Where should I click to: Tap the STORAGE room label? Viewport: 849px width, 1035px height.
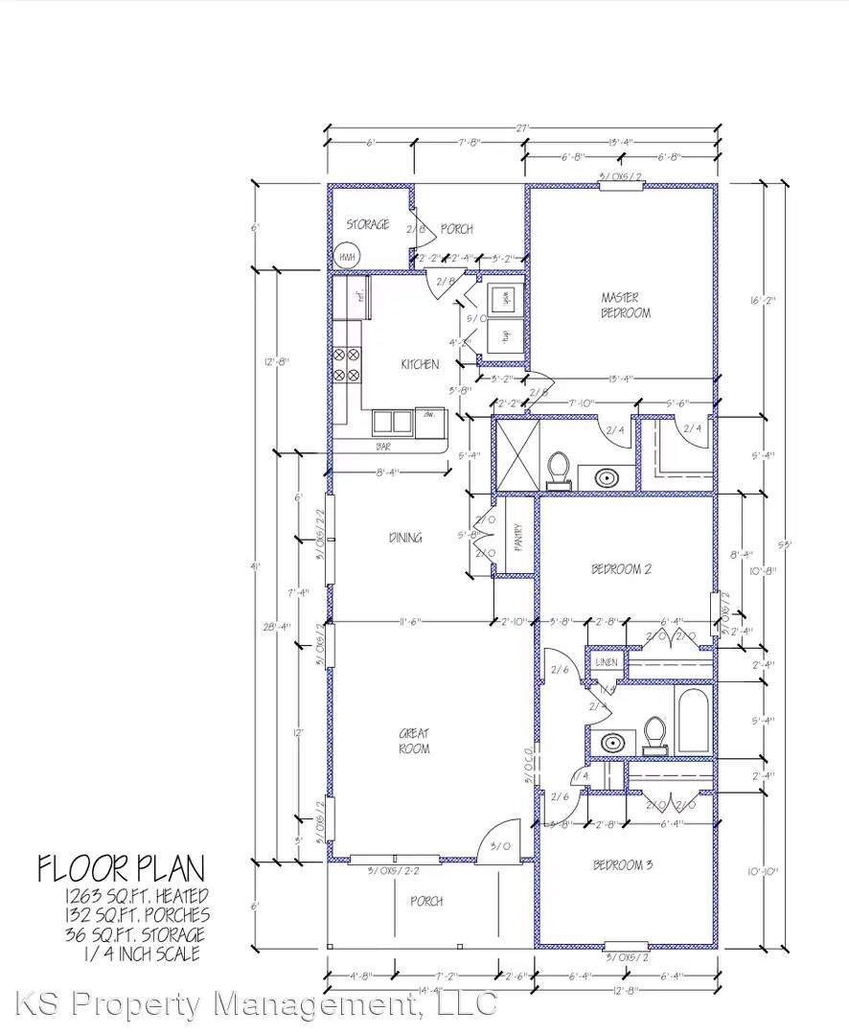(x=367, y=224)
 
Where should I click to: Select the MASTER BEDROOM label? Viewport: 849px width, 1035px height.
(x=625, y=305)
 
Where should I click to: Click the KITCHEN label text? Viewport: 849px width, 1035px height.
(x=420, y=364)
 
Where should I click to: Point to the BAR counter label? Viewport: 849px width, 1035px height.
(x=383, y=446)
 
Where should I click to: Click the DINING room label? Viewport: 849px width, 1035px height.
(x=405, y=538)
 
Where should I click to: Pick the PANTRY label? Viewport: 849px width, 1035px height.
(x=517, y=538)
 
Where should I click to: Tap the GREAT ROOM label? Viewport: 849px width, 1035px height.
(x=414, y=741)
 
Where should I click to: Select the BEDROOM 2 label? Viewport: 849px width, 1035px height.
(x=621, y=568)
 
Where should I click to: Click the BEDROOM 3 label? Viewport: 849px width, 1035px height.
(x=622, y=865)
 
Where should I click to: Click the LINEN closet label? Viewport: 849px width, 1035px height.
(x=607, y=662)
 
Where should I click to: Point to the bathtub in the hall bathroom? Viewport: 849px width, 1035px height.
(x=693, y=721)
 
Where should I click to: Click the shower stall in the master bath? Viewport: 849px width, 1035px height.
(x=516, y=453)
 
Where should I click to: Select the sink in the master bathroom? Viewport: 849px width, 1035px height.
(x=606, y=476)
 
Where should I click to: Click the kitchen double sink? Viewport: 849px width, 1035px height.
(x=391, y=421)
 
